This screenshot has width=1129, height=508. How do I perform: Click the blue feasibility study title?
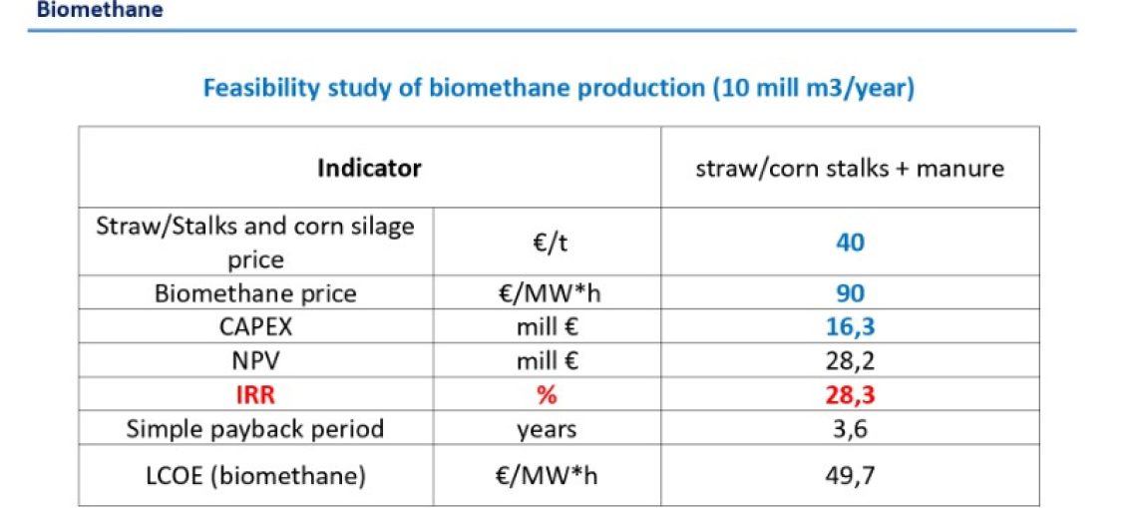pyautogui.click(x=559, y=89)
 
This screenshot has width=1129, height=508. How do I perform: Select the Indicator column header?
pyautogui.click(x=369, y=169)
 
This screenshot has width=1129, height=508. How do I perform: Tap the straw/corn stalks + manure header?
pyautogui.click(x=850, y=169)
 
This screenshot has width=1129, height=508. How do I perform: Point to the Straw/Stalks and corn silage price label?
pyautogui.click(x=255, y=243)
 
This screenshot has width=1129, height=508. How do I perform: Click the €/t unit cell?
pyautogui.click(x=548, y=243)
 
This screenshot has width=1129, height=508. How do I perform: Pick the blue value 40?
pyautogui.click(x=851, y=243)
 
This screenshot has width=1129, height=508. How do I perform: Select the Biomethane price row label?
pyautogui.click(x=255, y=293)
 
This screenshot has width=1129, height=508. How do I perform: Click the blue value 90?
pyautogui.click(x=851, y=294)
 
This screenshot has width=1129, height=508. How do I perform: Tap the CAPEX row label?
pyautogui.click(x=255, y=327)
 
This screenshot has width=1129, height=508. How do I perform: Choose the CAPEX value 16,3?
pyautogui.click(x=851, y=328)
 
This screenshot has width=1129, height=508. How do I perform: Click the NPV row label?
pyautogui.click(x=255, y=361)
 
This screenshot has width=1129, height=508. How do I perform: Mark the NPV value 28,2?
pyautogui.click(x=851, y=361)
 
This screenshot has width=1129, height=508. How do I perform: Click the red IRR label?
pyautogui.click(x=255, y=395)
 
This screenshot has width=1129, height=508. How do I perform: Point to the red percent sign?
pyautogui.click(x=548, y=395)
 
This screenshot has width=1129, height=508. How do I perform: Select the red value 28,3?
pyautogui.click(x=851, y=395)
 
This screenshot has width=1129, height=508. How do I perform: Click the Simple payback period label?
pyautogui.click(x=255, y=429)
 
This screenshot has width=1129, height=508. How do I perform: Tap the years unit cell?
pyautogui.click(x=548, y=430)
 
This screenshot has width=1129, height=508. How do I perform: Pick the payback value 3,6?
pyautogui.click(x=851, y=430)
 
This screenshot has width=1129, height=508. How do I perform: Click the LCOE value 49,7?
pyautogui.click(x=851, y=476)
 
